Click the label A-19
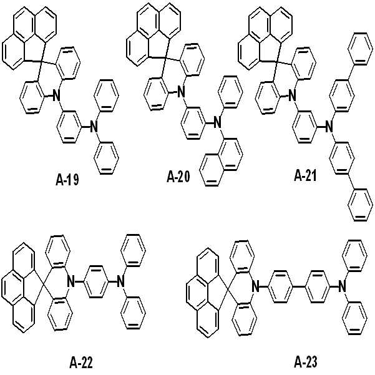click(67, 180)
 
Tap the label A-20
click(178, 177)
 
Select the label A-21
click(305, 176)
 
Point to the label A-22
click(81, 363)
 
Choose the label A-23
click(305, 362)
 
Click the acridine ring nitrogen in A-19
click(56, 95)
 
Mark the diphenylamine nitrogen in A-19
click(94, 127)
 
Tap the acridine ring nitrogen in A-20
click(182, 92)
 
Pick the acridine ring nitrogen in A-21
click(291, 95)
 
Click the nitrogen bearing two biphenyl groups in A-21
click(329, 127)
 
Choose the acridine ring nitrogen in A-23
click(256, 286)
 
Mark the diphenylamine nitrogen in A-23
click(343, 286)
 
